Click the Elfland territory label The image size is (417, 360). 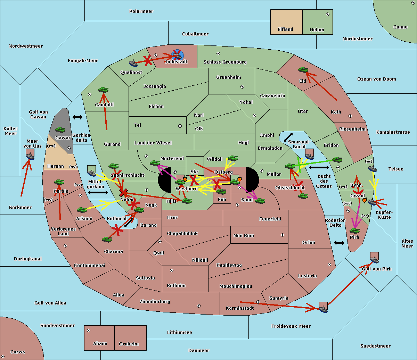285,30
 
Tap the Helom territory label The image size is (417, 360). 317,30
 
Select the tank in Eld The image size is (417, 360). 303,70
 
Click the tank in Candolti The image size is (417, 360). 103,90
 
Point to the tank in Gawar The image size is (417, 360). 60,130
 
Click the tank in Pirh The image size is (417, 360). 354,231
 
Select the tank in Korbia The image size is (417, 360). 59,182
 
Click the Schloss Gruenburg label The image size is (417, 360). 225,62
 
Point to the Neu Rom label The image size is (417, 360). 244,236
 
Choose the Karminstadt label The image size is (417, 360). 240,308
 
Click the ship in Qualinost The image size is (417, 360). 133,63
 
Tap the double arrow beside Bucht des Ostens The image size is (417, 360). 319,168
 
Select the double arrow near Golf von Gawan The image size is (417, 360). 77,117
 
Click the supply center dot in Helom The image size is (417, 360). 327,14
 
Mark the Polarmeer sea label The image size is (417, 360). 141,11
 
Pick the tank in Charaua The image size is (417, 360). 107,239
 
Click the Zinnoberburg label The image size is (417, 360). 155,302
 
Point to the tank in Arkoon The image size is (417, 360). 82,210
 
